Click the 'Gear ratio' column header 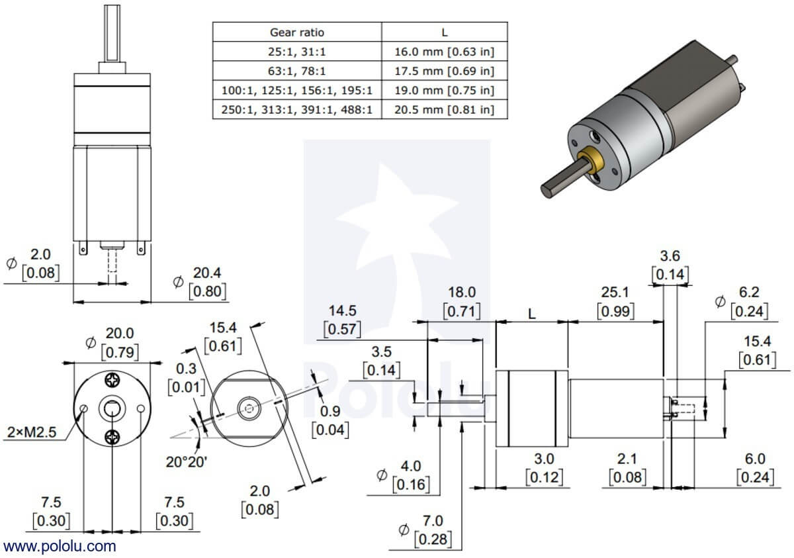click(x=297, y=32)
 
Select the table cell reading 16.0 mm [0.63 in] click(x=445, y=51)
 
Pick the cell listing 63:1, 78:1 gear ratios click(x=297, y=70)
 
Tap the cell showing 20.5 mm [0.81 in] click(x=445, y=109)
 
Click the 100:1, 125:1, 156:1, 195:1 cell click(x=297, y=90)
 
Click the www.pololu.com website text click(x=60, y=546)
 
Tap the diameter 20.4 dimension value click(x=206, y=273)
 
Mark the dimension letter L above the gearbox click(x=532, y=314)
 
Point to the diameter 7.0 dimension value click(x=433, y=522)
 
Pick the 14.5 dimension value click(x=343, y=310)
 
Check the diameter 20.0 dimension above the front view click(x=120, y=334)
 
